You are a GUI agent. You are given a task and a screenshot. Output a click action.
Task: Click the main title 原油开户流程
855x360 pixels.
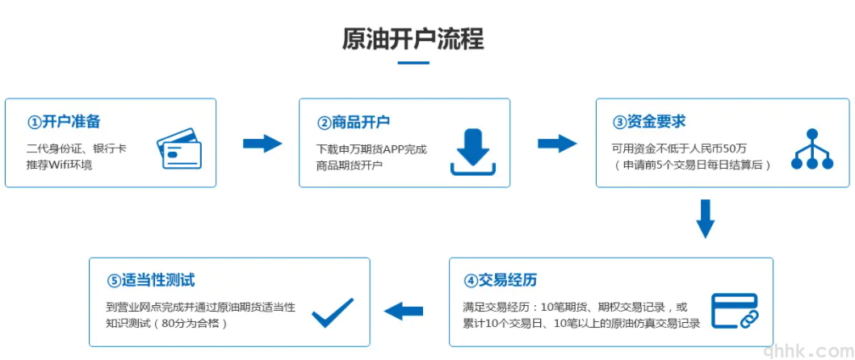(x=413, y=39)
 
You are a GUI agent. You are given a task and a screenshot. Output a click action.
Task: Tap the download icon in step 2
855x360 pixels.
(x=474, y=151)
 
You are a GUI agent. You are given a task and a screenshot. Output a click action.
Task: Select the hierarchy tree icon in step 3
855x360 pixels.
(x=811, y=149)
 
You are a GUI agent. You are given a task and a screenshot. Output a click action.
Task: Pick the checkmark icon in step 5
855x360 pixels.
(x=333, y=312)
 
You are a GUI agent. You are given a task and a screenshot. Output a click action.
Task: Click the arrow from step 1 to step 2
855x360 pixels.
(x=262, y=144)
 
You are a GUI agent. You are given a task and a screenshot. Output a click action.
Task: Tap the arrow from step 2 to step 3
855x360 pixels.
(x=557, y=144)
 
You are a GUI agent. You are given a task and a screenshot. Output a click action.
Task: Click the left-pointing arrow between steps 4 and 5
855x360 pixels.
(x=404, y=311)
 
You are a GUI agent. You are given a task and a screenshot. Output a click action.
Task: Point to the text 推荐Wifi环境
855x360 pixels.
(x=59, y=165)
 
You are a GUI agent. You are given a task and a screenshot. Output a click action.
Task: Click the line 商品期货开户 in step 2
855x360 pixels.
(x=349, y=165)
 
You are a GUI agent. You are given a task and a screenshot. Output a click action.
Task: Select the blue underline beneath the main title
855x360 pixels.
(x=413, y=63)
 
